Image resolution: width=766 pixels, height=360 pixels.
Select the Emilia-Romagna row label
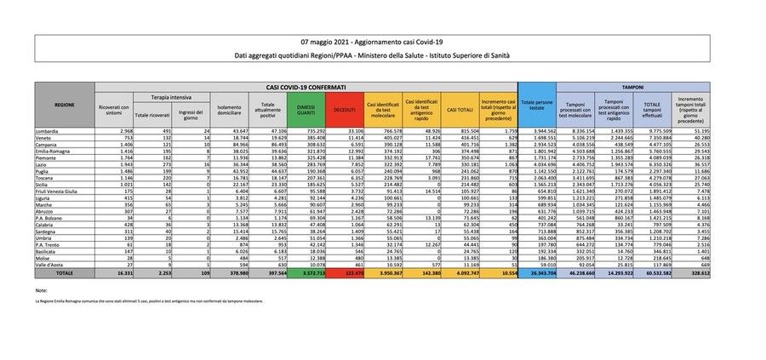54,151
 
